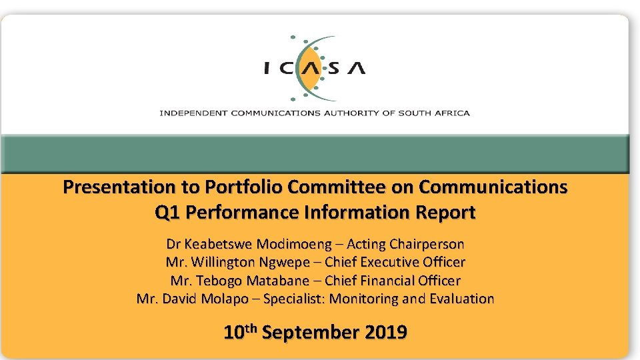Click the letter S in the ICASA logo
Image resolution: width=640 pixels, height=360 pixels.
(331, 69)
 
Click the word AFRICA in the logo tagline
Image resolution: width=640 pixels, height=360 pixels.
(453, 113)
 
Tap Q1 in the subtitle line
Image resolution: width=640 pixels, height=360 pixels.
(167, 213)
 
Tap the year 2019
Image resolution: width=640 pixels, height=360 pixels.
(386, 332)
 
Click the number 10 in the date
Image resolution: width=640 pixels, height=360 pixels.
(233, 332)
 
